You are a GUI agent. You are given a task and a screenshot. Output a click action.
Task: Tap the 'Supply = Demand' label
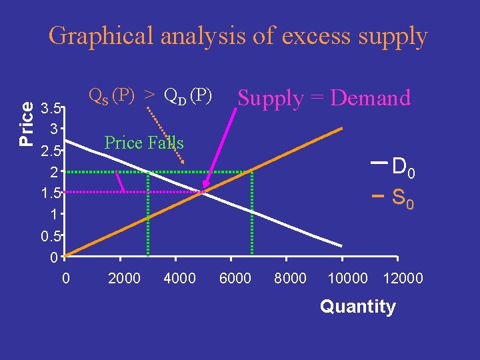324,98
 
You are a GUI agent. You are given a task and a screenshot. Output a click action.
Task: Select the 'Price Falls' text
144,142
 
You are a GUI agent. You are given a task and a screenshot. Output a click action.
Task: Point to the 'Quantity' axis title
358,307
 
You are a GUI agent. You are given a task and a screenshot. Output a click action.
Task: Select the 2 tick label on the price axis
56,172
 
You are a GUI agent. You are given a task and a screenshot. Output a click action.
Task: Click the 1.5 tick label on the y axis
51,193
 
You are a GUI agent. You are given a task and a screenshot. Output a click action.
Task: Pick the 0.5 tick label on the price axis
51,236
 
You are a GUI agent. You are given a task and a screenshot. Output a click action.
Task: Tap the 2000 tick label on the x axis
124,278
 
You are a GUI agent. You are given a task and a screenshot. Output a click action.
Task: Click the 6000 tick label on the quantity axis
235,278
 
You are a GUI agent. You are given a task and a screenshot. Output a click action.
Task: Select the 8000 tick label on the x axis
291,278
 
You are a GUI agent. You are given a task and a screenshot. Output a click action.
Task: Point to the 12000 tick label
403,278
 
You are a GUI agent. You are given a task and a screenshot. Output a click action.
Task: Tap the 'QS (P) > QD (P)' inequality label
150,97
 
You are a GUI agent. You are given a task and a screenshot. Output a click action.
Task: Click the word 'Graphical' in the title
101,36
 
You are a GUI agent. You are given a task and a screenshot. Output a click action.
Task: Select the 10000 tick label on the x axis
347,278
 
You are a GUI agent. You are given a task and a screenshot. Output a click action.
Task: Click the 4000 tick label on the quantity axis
179,278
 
